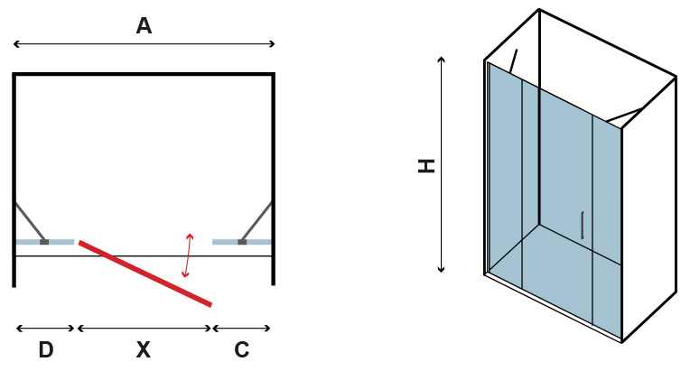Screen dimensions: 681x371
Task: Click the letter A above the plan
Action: [144, 26]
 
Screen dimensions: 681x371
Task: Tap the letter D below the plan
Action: [46, 349]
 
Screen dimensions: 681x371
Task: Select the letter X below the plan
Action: [144, 349]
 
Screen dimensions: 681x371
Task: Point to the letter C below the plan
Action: [241, 349]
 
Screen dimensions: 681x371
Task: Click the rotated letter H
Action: [426, 166]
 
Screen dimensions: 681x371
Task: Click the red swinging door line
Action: [145, 274]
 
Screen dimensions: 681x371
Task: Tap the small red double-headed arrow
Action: [188, 255]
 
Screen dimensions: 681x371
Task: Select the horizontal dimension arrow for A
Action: [145, 44]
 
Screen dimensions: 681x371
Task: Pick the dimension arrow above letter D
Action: [45, 329]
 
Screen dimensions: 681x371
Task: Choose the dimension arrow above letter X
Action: [145, 329]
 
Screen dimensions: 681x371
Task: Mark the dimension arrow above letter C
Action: [241, 329]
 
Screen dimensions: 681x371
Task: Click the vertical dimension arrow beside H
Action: [442, 164]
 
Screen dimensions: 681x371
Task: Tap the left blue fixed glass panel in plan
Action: [45, 242]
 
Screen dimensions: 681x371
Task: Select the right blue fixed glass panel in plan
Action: [241, 242]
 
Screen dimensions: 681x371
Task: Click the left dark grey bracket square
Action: [44, 242]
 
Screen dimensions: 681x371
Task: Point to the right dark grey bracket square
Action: [242, 242]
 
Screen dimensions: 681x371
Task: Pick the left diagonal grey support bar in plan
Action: [30, 222]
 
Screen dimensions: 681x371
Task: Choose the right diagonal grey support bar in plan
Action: [257, 222]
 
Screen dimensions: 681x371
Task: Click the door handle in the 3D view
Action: [583, 225]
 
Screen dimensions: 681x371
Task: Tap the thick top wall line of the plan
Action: [144, 75]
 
